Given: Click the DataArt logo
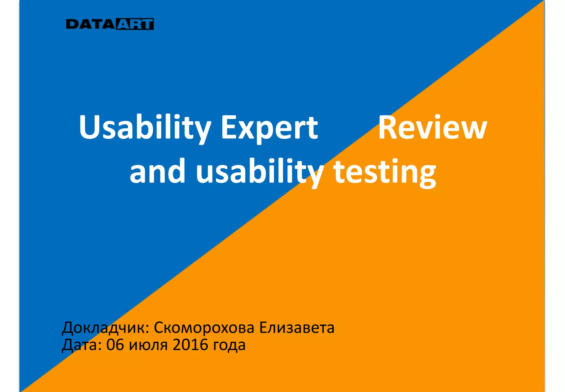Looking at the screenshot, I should tap(110, 24).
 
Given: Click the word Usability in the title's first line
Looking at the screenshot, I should tap(145, 127).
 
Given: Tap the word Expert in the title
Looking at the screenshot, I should tap(270, 127).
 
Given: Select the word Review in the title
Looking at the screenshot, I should tap(432, 127).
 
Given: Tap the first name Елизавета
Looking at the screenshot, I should tap(297, 327).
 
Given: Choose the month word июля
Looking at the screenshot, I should tap(148, 345).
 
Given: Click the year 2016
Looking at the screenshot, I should tap(190, 345).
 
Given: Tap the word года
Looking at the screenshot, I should tap(229, 345).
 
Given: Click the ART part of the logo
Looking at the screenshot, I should tap(135, 24).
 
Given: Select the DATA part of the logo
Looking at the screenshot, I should tap(90, 24).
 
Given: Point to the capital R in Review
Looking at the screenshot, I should tap(388, 127).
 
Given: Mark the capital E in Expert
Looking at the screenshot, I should tap(228, 127).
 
